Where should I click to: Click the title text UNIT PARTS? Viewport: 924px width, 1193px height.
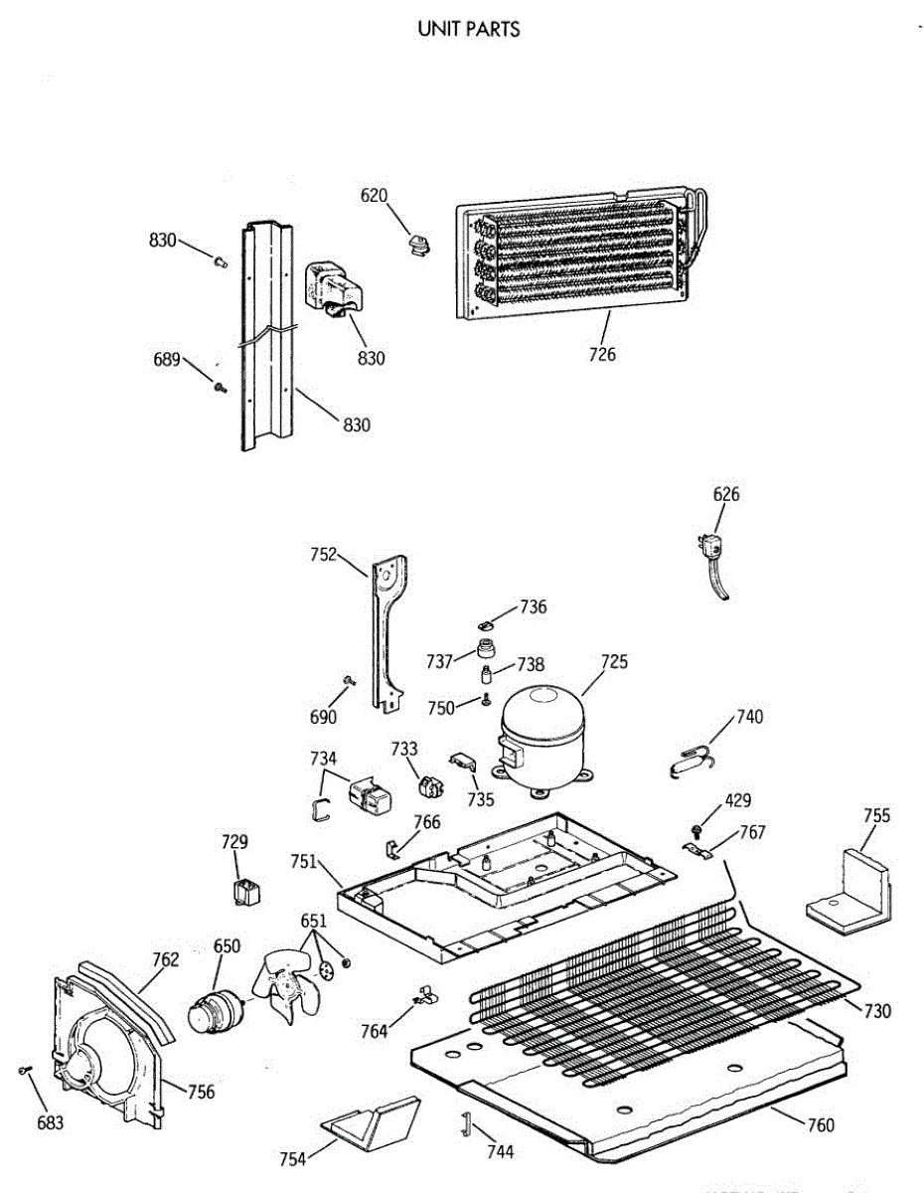pos(469,29)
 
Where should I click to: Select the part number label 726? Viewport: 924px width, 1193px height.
pos(602,355)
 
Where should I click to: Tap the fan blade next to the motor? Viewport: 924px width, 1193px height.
pos(285,984)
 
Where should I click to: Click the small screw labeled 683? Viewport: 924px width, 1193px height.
pos(25,1070)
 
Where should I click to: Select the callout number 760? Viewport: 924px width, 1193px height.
pos(821,1125)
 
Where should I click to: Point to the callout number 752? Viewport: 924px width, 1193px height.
pos(324,555)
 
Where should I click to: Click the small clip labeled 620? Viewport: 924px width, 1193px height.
pos(416,243)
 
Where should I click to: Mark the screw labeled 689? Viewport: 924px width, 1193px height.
pos(220,387)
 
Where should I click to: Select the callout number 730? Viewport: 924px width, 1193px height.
pos(877,1011)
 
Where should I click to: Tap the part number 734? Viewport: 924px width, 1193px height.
pos(323,758)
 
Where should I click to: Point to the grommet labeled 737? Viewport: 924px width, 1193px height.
pos(487,651)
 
